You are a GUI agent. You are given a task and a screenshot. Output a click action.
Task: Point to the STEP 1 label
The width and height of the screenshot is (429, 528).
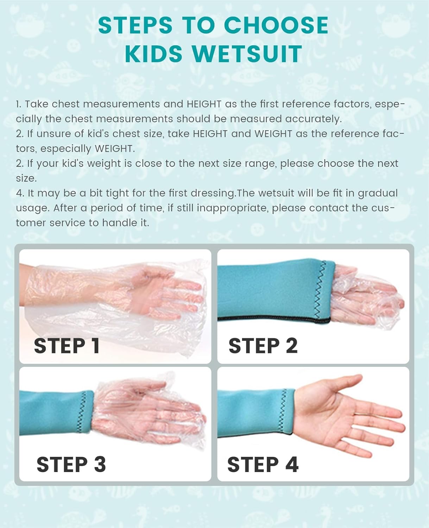point(67,346)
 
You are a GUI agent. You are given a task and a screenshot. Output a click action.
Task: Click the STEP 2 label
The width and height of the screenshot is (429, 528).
point(263,346)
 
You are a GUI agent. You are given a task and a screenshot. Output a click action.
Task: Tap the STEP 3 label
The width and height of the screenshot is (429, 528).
point(71,465)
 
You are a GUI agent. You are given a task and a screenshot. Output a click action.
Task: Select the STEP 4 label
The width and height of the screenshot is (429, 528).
point(263,465)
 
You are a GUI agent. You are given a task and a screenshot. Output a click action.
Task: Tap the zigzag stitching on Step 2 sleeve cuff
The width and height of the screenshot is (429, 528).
point(320,289)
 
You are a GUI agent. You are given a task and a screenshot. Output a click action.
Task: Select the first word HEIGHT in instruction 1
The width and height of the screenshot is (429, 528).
point(204,104)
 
